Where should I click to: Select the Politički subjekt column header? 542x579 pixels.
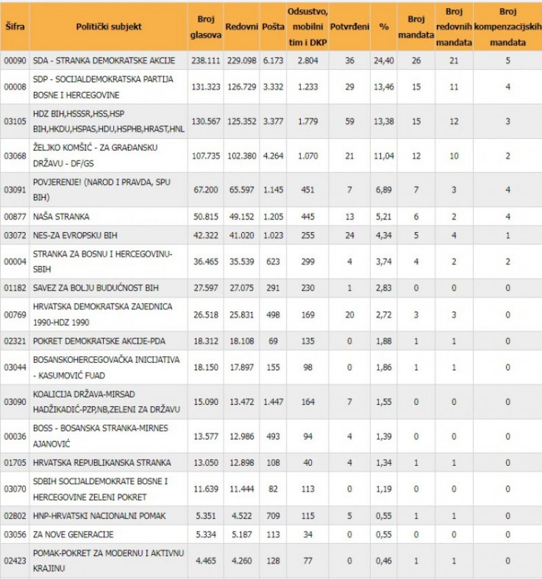[x=109, y=26]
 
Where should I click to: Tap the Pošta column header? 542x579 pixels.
[x=273, y=26]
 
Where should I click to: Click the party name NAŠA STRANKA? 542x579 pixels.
[x=61, y=217]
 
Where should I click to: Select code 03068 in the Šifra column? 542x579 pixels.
[x=14, y=156]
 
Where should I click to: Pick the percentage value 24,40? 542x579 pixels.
[x=384, y=60]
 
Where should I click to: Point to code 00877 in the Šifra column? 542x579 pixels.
[x=14, y=217]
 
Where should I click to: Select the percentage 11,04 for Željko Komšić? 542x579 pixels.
[x=384, y=156]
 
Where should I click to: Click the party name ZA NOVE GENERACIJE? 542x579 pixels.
[x=72, y=534]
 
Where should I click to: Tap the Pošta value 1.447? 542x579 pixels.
[x=273, y=402]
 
